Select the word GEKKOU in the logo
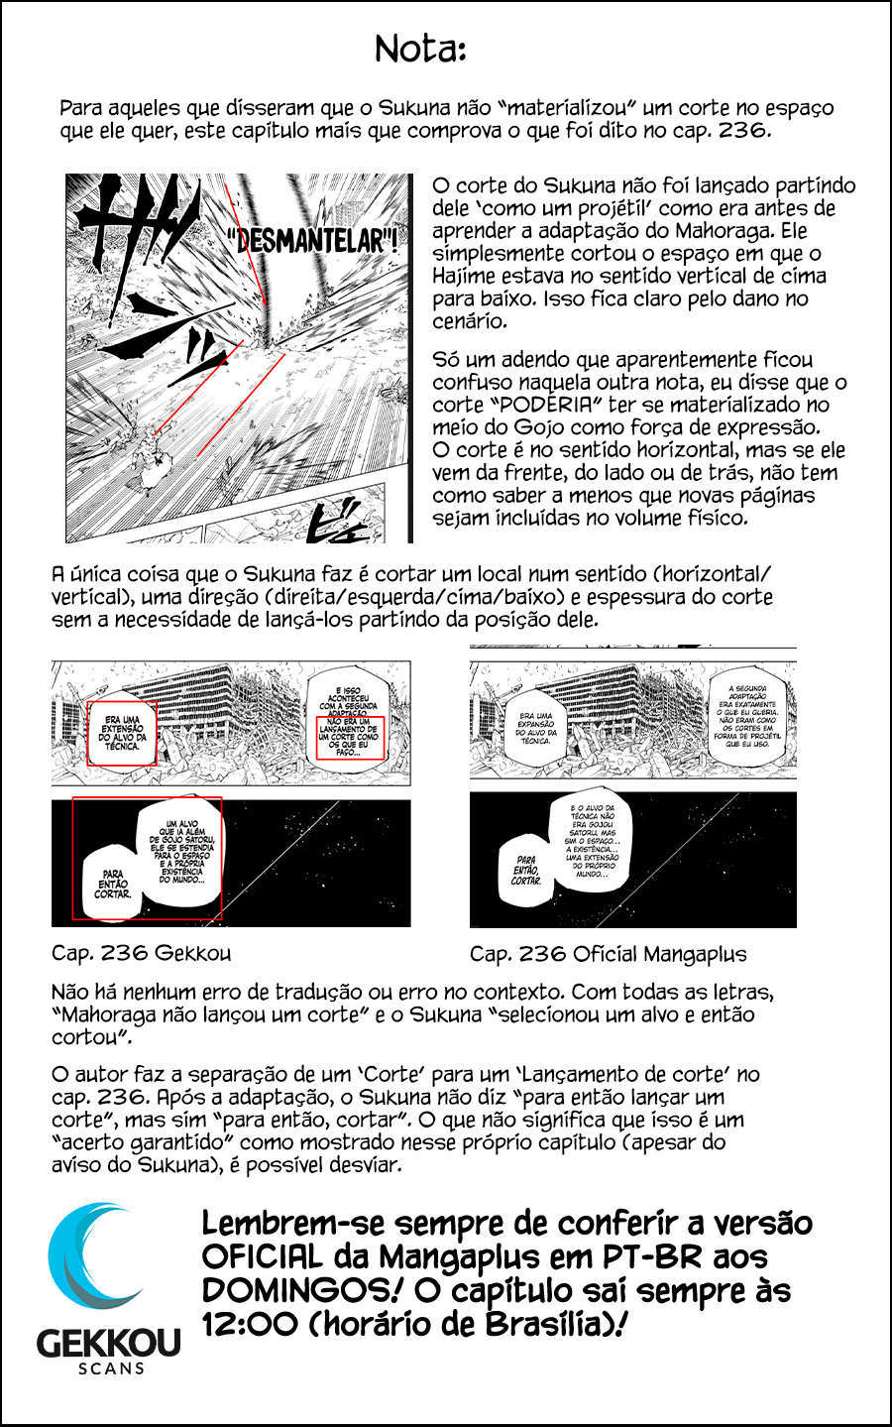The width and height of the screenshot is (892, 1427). (109, 1343)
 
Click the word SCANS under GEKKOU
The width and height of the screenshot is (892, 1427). (110, 1368)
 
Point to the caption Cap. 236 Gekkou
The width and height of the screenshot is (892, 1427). (141, 954)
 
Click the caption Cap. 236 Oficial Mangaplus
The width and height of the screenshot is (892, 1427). (608, 954)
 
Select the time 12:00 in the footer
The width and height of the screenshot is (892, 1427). (242, 1324)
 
